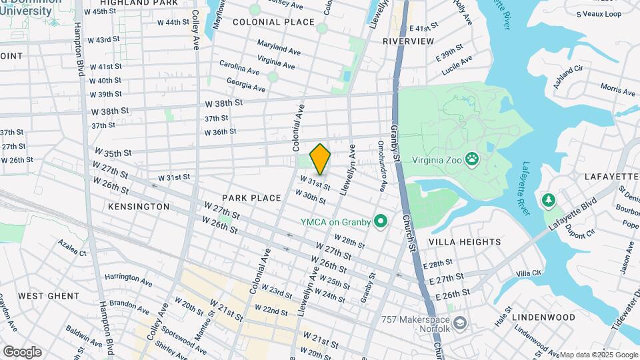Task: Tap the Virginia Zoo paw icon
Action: coord(472,159)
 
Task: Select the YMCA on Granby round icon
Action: coord(381,221)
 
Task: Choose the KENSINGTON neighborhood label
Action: coord(138,207)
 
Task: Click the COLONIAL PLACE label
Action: coord(273,22)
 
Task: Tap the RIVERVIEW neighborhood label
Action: coord(409,41)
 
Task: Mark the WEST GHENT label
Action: coord(49,295)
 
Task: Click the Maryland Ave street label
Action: coord(279,49)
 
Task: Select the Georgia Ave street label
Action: coord(246,85)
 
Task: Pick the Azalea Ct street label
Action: coord(72,248)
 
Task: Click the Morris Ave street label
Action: coord(617,89)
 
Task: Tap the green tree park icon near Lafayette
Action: coord(549,199)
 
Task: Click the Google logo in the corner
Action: coord(22,351)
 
